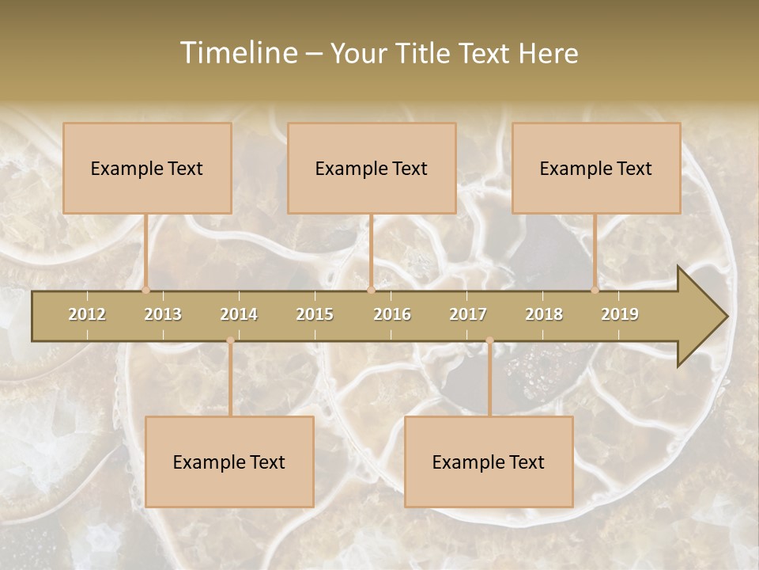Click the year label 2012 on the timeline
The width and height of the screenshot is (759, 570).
(87, 314)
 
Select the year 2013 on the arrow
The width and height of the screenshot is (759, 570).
(163, 314)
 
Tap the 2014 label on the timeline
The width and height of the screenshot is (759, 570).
(239, 314)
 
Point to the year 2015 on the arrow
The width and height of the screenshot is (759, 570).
(315, 314)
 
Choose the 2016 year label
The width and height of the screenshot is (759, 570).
(392, 314)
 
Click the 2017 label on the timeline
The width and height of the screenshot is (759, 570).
(468, 314)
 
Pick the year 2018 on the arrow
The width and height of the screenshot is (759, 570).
(544, 314)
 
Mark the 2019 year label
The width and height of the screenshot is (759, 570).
(620, 314)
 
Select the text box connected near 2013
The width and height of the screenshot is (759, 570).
(147, 168)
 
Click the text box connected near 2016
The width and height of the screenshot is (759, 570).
(372, 168)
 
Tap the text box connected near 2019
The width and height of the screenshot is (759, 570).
(596, 168)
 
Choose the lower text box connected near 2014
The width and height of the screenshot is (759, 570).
(229, 462)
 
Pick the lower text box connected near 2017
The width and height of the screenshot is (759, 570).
(489, 462)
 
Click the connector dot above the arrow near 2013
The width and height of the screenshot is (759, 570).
(146, 290)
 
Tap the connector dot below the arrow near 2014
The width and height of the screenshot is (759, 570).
(230, 340)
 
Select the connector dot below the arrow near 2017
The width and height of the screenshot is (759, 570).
(489, 340)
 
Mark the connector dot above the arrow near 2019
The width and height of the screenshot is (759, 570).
(595, 290)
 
